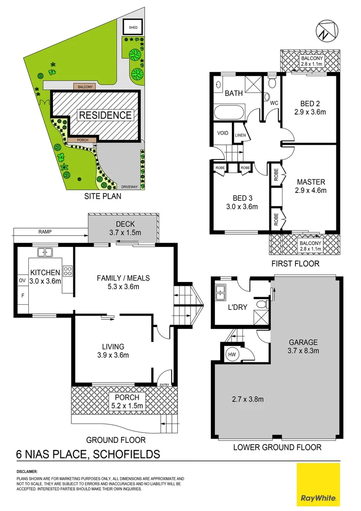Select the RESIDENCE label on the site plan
point(105,115)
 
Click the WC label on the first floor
point(273,102)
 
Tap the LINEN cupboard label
point(240,136)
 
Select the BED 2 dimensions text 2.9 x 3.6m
point(309,112)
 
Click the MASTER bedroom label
point(311,182)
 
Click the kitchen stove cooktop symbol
point(67,272)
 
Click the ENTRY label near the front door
point(164,385)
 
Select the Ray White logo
point(318,484)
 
